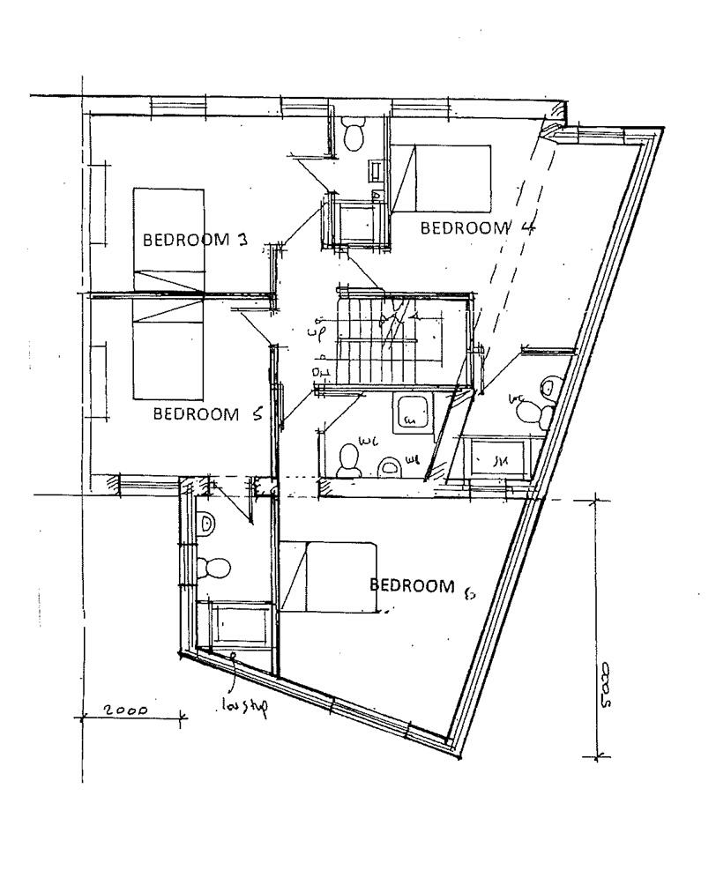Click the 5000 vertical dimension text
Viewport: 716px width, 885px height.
pos(603,683)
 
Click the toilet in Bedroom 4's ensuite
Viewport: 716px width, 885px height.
pos(354,135)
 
